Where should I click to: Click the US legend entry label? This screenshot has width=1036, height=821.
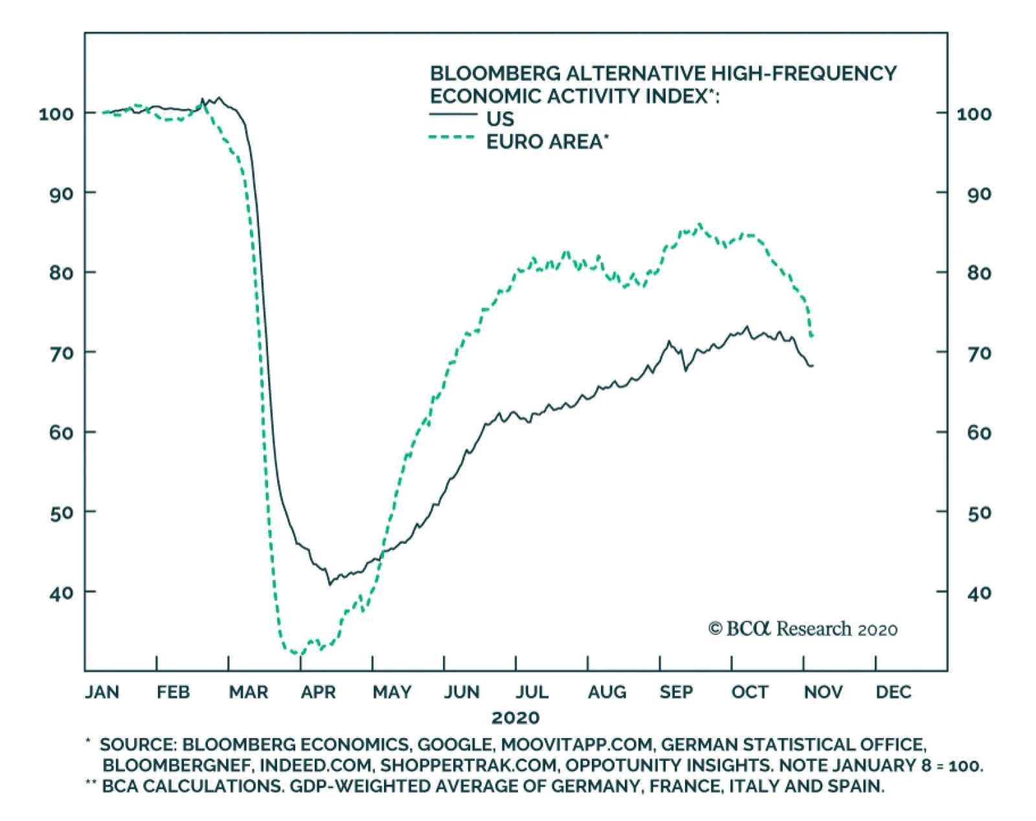coord(500,119)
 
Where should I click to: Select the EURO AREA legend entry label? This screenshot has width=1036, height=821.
coord(547,142)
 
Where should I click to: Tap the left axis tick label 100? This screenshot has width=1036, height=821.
coord(56,115)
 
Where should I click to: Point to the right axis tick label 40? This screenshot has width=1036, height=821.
coord(978,593)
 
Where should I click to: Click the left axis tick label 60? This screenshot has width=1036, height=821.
coord(61,433)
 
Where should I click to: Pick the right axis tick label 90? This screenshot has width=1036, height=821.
coord(978,194)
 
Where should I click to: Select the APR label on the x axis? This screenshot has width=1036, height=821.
coord(318,693)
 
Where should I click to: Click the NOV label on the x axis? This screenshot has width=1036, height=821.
coord(823,693)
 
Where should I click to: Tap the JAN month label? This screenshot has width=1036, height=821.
coord(102,693)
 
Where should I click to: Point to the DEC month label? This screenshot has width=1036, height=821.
coord(893,693)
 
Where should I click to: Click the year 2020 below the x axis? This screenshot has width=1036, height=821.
coord(515,717)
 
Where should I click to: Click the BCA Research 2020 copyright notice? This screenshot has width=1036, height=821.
coord(803,629)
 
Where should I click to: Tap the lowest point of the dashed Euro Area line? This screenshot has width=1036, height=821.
coord(297,653)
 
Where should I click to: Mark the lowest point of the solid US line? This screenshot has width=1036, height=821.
coord(330,584)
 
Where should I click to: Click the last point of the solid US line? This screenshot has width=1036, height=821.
coord(813,366)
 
